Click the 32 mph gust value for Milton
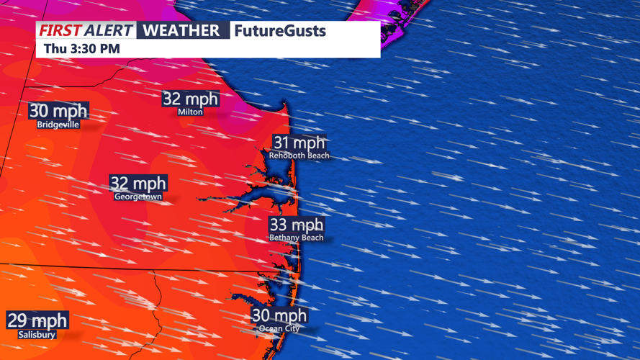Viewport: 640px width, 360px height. pyautogui.click(x=190, y=99)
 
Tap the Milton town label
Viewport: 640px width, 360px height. pyautogui.click(x=190, y=112)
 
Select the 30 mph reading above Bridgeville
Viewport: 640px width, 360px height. pyautogui.click(x=58, y=112)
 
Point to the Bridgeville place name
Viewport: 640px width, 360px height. pyautogui.click(x=58, y=125)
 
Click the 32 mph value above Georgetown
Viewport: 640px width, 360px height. pyautogui.click(x=138, y=184)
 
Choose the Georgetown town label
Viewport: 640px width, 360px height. pyautogui.click(x=138, y=197)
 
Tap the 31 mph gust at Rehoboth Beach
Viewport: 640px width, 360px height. pyautogui.click(x=299, y=143)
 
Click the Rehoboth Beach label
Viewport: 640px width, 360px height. pyautogui.click(x=299, y=156)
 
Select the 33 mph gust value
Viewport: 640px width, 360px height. pyautogui.click(x=297, y=225)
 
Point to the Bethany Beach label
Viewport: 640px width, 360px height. pyautogui.click(x=297, y=238)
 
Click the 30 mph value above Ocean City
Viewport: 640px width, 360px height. pyautogui.click(x=279, y=315)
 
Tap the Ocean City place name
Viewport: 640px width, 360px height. pyautogui.click(x=279, y=329)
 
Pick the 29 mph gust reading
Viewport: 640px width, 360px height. pyautogui.click(x=37, y=321)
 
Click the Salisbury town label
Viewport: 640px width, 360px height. pyautogui.click(x=37, y=335)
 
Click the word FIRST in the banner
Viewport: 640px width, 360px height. pyautogui.click(x=60, y=31)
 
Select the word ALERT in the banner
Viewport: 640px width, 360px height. pyautogui.click(x=109, y=31)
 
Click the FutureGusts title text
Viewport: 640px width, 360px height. pyautogui.click(x=280, y=31)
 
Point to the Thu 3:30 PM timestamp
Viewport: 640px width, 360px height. pyautogui.click(x=81, y=49)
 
